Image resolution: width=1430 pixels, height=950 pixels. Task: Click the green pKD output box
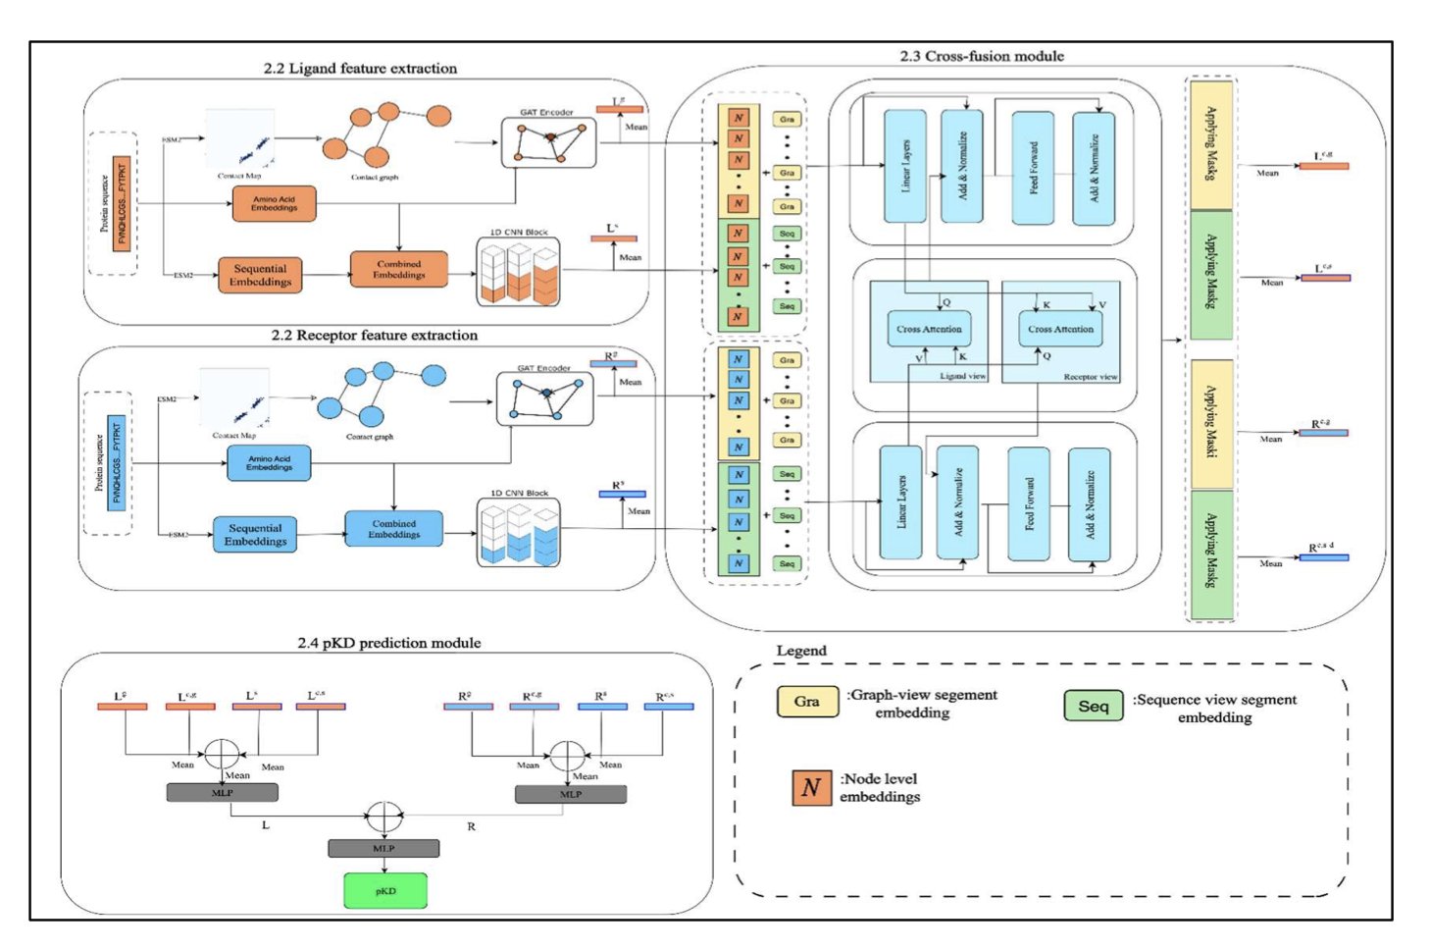pos(385,890)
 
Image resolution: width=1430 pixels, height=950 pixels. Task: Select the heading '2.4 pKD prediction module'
pos(388,643)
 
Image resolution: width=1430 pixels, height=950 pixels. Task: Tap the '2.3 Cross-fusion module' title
pos(981,56)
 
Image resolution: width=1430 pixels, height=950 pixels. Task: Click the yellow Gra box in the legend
pos(807,702)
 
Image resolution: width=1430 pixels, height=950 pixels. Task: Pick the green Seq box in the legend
pos(1093,706)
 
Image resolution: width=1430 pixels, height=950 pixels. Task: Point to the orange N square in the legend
pos(811,787)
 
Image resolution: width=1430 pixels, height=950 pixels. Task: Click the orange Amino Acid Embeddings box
pos(274,203)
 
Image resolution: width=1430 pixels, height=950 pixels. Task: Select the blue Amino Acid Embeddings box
pos(269,463)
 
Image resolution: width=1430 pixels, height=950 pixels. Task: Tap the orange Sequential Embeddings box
pos(260,275)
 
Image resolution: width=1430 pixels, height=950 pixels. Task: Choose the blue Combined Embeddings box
pos(393,529)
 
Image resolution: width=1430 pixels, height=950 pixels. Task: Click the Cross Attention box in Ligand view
pos(929,329)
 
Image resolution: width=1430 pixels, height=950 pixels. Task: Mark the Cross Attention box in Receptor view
pos(1060,329)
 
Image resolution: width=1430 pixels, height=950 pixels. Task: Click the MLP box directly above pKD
pos(383,848)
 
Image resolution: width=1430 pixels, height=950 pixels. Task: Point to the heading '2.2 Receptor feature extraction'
pos(374,336)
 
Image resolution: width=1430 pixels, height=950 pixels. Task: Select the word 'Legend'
pos(801,651)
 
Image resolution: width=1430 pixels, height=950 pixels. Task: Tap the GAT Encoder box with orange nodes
pos(548,143)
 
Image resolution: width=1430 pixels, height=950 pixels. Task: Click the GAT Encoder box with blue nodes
pos(544,399)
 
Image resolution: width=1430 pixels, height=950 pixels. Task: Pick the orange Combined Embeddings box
pos(398,269)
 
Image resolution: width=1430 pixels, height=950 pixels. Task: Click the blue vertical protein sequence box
pos(117,463)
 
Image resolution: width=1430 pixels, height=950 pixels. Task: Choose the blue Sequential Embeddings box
pos(255,535)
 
